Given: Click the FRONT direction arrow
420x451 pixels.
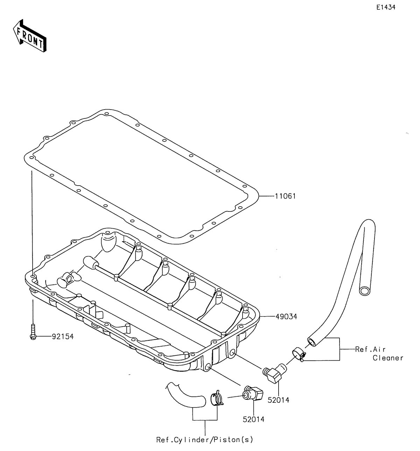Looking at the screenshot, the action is [30, 36].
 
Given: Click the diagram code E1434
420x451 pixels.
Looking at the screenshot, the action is [386, 7].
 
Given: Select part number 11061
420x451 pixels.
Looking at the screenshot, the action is [285, 196].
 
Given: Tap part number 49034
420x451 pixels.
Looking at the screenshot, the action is [286, 316].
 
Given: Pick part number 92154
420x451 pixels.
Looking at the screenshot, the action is [63, 336].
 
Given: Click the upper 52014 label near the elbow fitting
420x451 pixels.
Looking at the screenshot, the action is [278, 400].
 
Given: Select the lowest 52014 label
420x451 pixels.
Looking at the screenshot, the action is [254, 419].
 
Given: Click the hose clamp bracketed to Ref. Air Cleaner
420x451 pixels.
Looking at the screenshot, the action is [299, 355].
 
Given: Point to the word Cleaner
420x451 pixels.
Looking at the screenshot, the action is [388, 358].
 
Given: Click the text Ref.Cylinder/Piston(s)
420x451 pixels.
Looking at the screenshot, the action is [204, 440].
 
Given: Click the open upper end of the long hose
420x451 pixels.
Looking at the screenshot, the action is [364, 291].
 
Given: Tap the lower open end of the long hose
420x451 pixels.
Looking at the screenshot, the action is [312, 342].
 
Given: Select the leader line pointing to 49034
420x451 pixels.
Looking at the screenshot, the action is [267, 316].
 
